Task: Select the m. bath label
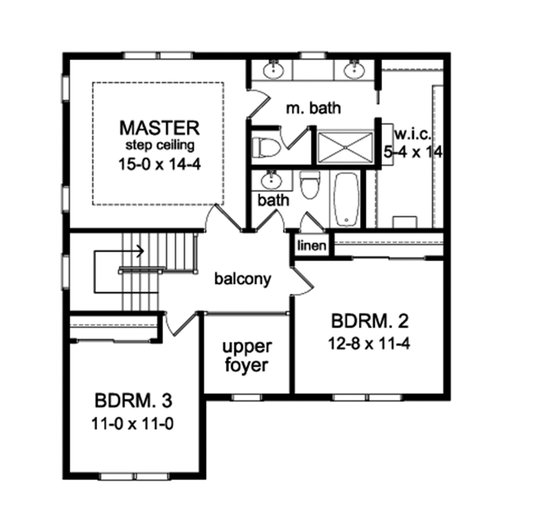pyautogui.click(x=313, y=108)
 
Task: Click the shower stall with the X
pyautogui.click(x=345, y=147)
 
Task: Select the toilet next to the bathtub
pyautogui.click(x=310, y=185)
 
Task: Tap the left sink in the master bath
pyautogui.click(x=274, y=70)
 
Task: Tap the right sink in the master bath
pyautogui.click(x=354, y=70)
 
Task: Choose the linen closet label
pyautogui.click(x=311, y=246)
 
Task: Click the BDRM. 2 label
pyautogui.click(x=370, y=321)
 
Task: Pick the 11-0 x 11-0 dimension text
pyautogui.click(x=132, y=424)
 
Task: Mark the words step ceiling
pyautogui.click(x=160, y=145)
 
